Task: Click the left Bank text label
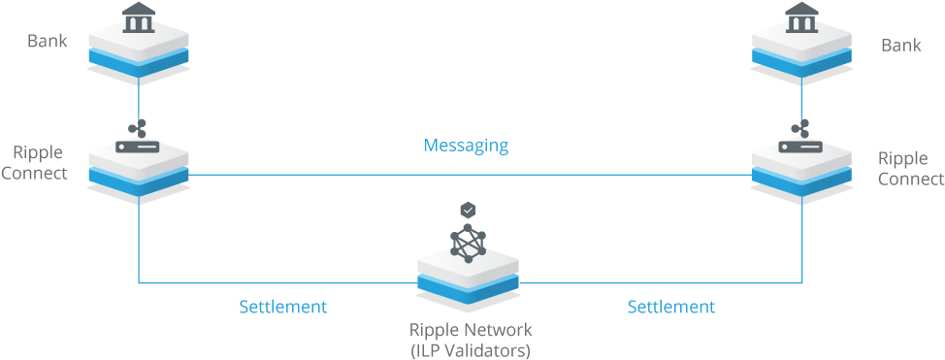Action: [47, 42]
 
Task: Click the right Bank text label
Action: [900, 45]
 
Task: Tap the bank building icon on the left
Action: [139, 16]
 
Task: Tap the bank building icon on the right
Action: [801, 16]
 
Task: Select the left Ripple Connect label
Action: [38, 163]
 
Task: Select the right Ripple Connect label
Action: [909, 169]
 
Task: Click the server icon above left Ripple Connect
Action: [138, 134]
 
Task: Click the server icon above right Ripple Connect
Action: [801, 135]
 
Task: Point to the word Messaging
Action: [466, 146]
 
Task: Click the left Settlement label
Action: [282, 307]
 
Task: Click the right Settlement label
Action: [670, 307]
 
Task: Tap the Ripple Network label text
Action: [471, 330]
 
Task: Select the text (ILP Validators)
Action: [471, 349]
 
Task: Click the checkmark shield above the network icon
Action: [469, 210]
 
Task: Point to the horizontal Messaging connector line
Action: [466, 175]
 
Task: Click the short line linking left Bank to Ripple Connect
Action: [139, 97]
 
